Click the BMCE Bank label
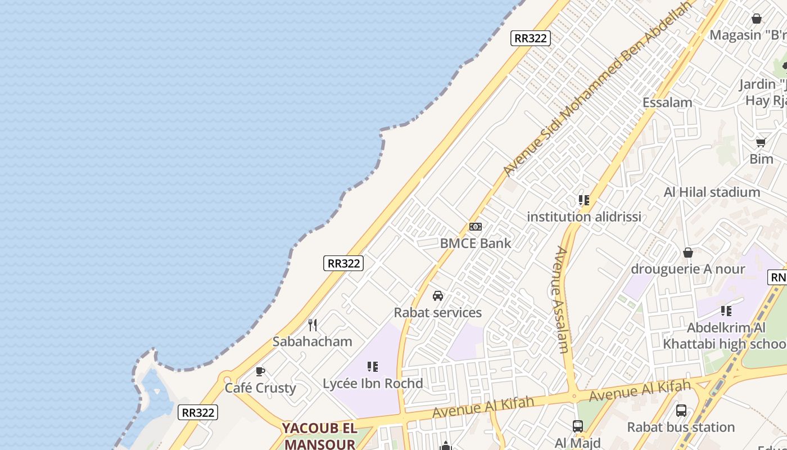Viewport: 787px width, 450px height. [476, 243]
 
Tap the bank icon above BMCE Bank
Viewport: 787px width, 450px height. [476, 227]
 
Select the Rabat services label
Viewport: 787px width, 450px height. [438, 312]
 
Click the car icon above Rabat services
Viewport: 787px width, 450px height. [438, 296]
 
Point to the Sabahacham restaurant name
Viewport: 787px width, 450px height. [312, 341]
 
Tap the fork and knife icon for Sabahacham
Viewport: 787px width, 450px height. [313, 325]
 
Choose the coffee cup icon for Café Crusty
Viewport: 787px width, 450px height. [260, 371]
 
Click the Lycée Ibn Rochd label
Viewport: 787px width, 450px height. [373, 384]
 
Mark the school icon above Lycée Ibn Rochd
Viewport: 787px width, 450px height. [372, 367]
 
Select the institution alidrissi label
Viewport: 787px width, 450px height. [584, 217]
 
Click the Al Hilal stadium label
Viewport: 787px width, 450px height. [712, 192]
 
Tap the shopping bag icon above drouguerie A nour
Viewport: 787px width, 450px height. [688, 253]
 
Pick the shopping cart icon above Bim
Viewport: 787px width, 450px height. [761, 142]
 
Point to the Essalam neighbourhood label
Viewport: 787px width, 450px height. [667, 102]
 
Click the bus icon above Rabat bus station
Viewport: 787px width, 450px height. [681, 411]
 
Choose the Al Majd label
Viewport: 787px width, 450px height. [578, 443]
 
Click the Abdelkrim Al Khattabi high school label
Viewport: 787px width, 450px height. [726, 336]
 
